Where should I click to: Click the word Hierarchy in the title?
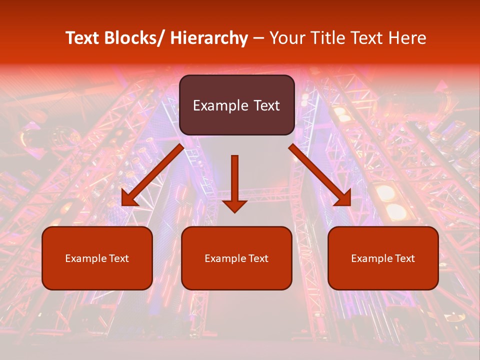[209, 38]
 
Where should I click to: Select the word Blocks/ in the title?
[134, 38]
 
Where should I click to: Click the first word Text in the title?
[83, 38]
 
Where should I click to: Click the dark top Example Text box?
[236, 105]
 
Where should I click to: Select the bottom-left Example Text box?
[97, 258]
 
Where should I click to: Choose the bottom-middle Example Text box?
[236, 258]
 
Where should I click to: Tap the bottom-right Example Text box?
[383, 258]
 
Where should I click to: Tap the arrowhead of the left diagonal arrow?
[128, 199]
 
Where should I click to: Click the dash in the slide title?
[258, 38]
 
